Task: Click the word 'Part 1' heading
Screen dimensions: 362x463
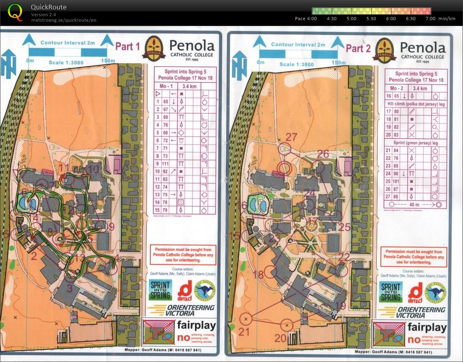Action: point(127,47)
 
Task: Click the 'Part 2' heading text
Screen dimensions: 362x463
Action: point(358,49)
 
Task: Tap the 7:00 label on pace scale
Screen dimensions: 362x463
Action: point(431,19)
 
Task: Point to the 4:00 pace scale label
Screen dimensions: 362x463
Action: point(312,19)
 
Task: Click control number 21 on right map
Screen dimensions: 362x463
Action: point(244,332)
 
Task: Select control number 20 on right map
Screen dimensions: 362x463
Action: point(280,338)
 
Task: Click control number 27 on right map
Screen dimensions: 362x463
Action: point(291,137)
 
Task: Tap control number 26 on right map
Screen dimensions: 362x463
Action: point(323,154)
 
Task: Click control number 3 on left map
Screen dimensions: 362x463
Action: point(70,288)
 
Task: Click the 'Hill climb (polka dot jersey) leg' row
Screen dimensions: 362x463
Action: point(416,103)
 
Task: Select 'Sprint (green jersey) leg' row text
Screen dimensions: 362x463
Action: point(416,143)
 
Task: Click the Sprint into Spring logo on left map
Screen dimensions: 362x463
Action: point(160,290)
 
